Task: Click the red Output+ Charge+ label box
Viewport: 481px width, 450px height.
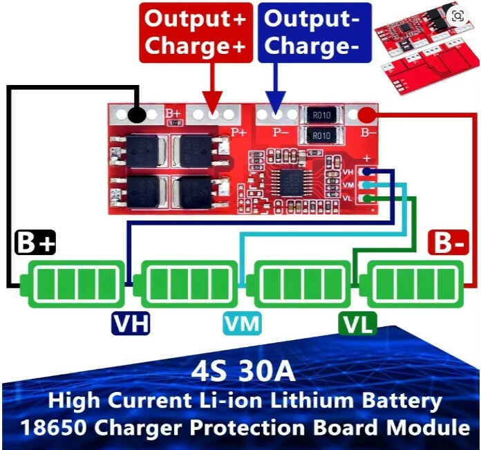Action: [196, 32]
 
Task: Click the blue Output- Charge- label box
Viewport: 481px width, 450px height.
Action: [314, 32]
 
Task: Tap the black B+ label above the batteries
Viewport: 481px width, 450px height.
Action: [35, 243]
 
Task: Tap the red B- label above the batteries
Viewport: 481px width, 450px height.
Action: [449, 243]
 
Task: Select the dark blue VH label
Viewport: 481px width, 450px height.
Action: [131, 323]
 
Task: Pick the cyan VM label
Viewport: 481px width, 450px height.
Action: [243, 323]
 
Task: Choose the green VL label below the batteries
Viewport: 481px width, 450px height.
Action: [358, 323]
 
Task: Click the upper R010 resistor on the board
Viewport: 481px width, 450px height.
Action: [322, 115]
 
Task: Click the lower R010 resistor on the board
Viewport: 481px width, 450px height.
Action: [322, 135]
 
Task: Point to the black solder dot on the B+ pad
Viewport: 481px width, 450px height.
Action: [137, 115]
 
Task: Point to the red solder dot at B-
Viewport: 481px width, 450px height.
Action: [368, 115]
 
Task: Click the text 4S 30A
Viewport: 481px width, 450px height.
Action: [243, 372]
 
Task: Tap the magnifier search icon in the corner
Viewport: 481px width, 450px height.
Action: [458, 15]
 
